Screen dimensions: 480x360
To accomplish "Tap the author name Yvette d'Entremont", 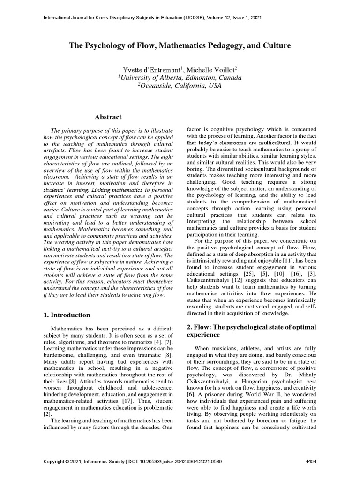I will (x=148, y=69).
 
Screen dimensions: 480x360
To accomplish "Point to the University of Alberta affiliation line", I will (x=180, y=77).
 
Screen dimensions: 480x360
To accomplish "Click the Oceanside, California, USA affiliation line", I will (x=180, y=86).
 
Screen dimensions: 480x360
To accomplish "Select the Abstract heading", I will (x=108, y=117).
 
